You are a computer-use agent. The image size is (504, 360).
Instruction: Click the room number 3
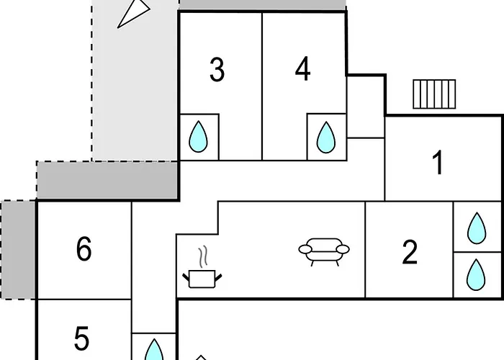tap(217, 69)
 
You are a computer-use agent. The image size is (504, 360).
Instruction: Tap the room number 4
tap(303, 69)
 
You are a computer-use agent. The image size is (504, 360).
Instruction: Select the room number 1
tap(438, 163)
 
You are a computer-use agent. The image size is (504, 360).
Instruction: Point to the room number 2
tap(410, 252)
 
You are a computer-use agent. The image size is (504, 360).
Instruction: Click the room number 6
tap(84, 248)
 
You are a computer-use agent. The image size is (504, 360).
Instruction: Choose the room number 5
tap(81, 338)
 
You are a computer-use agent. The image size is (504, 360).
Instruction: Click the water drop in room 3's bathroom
tap(198, 136)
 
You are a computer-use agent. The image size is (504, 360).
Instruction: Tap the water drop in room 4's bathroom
tap(326, 137)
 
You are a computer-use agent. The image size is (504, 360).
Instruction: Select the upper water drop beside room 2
tap(477, 228)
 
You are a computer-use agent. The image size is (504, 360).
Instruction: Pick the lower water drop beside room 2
tap(476, 275)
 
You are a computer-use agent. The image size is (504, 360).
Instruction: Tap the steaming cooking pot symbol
tap(202, 267)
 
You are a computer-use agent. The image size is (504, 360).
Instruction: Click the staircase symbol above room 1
tap(434, 94)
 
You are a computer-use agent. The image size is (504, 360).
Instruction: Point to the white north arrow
tap(133, 14)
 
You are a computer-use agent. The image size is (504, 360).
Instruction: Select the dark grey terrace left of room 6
tap(18, 250)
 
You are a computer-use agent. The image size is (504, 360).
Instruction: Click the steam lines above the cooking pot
tap(203, 256)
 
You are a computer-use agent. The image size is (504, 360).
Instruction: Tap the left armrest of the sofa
tap(305, 249)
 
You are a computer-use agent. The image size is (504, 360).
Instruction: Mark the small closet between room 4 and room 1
tap(366, 107)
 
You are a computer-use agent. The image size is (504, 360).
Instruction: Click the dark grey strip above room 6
tap(107, 180)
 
